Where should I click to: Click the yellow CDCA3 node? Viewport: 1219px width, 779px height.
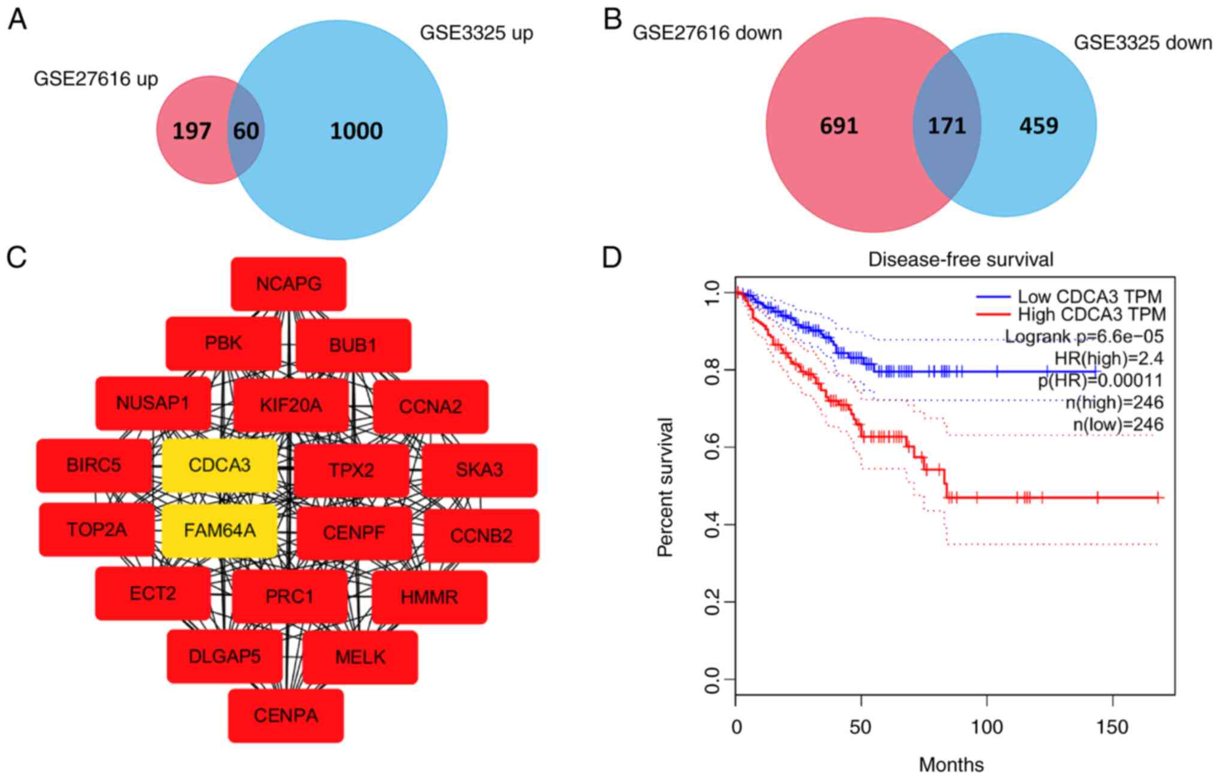[x=220, y=465]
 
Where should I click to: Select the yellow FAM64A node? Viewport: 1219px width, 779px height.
[x=220, y=531]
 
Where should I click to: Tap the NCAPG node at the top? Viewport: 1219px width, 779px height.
[x=289, y=284]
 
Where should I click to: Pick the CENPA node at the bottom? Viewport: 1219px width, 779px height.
[x=286, y=715]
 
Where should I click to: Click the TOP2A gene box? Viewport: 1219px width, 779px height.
[x=97, y=530]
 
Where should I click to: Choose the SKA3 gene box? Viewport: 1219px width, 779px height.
[x=479, y=470]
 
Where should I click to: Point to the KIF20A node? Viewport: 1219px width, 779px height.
[x=291, y=406]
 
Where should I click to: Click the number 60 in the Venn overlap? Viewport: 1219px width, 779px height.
[x=246, y=131]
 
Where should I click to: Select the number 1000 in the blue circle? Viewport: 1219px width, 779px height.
[x=356, y=131]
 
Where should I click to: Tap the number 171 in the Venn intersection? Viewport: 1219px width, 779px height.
[x=947, y=126]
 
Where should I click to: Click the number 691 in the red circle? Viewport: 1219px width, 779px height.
[x=839, y=126]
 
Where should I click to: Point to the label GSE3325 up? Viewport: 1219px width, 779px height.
[x=476, y=32]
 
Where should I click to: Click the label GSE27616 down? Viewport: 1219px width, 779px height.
[x=707, y=32]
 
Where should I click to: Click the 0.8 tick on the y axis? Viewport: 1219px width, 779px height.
[x=711, y=370]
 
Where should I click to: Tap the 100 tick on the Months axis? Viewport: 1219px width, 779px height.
[x=987, y=727]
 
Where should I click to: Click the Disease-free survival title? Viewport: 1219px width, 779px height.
[x=960, y=259]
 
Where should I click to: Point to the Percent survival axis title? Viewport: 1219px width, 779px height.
[x=665, y=487]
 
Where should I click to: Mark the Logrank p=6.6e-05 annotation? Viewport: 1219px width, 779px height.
[x=1084, y=336]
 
